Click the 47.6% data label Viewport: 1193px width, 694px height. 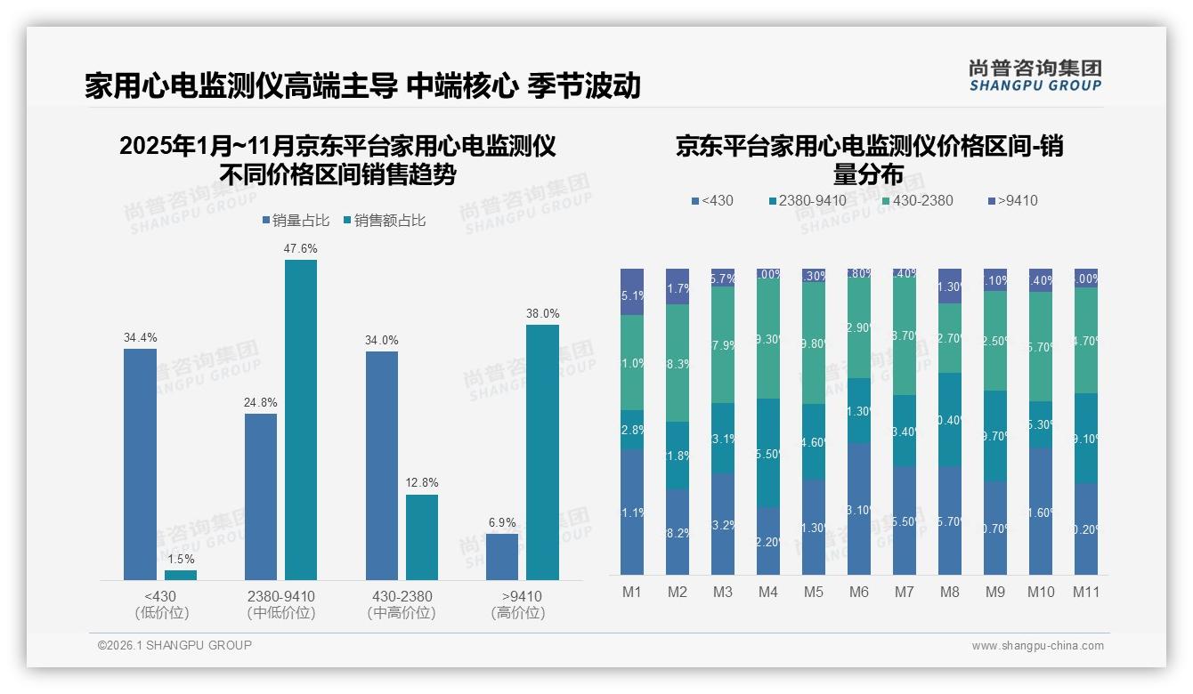click(300, 249)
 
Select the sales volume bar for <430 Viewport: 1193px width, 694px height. click(140, 464)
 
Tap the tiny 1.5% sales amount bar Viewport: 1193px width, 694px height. click(181, 575)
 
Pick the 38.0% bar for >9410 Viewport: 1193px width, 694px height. click(542, 452)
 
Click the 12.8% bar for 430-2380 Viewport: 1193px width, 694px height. click(422, 537)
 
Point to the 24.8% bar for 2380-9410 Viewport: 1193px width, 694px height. click(260, 496)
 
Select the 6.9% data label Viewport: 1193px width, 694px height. click(501, 522)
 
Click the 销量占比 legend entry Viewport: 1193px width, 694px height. click(299, 221)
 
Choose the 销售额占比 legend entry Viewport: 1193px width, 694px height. click(384, 221)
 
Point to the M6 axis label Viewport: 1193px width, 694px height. click(858, 593)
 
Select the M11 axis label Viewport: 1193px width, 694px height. click(1085, 593)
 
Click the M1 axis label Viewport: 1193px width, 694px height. click(631, 593)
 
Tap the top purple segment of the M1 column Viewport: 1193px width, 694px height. click(632, 291)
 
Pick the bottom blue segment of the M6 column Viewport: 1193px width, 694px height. click(859, 509)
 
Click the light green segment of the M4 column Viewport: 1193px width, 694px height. click(768, 338)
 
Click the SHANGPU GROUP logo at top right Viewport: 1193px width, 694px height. click(1035, 76)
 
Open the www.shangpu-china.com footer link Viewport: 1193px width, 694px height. click(1037, 646)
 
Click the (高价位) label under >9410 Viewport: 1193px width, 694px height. click(517, 613)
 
